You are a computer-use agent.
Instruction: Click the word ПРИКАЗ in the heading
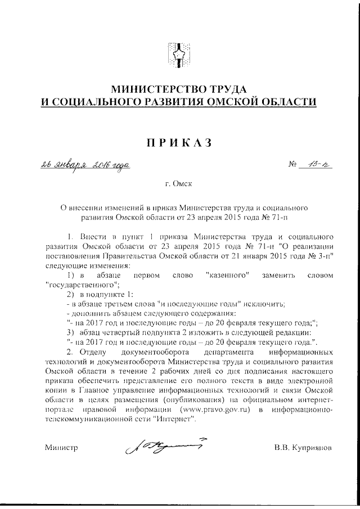coord(179,143)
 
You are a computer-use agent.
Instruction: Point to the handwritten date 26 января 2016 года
coord(85,165)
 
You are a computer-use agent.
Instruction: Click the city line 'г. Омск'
coord(180,184)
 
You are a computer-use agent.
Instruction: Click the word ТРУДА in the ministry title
coord(227,89)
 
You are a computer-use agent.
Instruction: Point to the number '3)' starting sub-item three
coord(71,333)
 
